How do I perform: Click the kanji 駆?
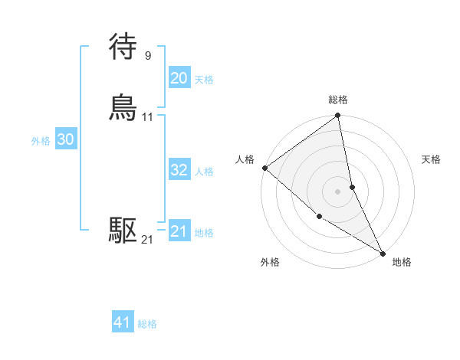[x=123, y=230]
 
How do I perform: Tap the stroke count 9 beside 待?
[x=147, y=55]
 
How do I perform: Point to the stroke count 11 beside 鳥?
[x=147, y=117]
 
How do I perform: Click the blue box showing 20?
[x=179, y=78]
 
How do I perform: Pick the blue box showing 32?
[x=179, y=170]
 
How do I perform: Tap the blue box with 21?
[x=179, y=231]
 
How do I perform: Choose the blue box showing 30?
[x=65, y=139]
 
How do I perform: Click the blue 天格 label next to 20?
[x=204, y=80]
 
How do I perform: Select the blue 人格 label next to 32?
[x=204, y=172]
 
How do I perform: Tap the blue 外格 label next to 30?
[x=41, y=141]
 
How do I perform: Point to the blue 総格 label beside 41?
[x=147, y=324]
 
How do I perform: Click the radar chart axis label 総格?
[x=337, y=100]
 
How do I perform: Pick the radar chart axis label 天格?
[x=431, y=159]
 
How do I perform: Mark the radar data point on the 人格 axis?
[x=264, y=168]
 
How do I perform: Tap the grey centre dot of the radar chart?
[x=337, y=191]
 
